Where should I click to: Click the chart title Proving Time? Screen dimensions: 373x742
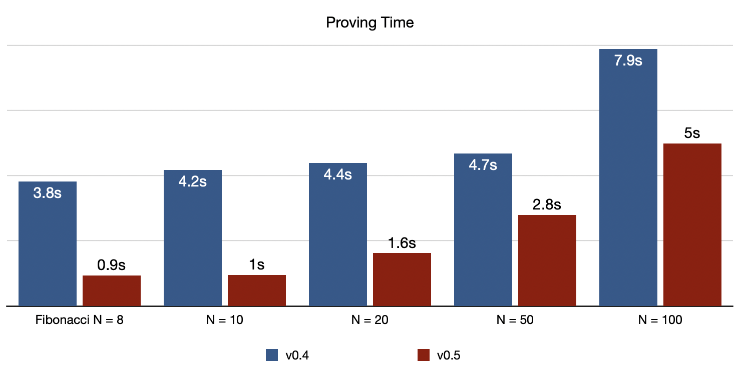pyautogui.click(x=370, y=22)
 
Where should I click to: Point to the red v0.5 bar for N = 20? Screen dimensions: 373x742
pyautogui.click(x=402, y=279)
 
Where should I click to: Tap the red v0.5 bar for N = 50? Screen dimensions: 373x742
pyautogui.click(x=547, y=260)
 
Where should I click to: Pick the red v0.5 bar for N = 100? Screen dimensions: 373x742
pyautogui.click(x=692, y=225)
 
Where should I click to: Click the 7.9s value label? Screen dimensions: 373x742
pyautogui.click(x=628, y=61)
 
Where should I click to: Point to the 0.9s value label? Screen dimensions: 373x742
pyautogui.click(x=112, y=265)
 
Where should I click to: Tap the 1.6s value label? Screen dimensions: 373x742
pyautogui.click(x=402, y=243)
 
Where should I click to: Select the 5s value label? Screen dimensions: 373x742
pyautogui.click(x=692, y=133)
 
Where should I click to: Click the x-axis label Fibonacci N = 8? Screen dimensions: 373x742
pyautogui.click(x=80, y=320)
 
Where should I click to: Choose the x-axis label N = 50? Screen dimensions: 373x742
pyautogui.click(x=515, y=320)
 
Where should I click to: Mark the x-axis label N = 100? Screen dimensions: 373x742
pyautogui.click(x=660, y=320)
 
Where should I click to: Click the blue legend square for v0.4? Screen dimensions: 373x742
pyautogui.click(x=272, y=355)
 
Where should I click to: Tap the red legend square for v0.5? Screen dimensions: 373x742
pyautogui.click(x=423, y=355)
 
